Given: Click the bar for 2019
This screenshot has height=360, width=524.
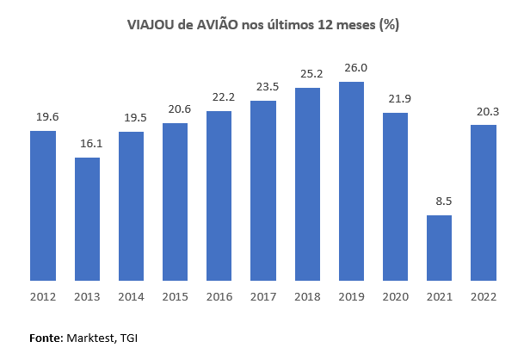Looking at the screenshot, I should (x=351, y=181).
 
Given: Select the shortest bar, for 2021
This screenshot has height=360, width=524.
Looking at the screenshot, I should (x=439, y=248).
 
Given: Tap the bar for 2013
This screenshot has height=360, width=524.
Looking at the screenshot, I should (x=87, y=219).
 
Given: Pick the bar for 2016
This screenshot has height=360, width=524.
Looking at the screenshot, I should (x=219, y=196).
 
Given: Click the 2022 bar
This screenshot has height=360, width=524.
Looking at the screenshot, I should (x=484, y=202).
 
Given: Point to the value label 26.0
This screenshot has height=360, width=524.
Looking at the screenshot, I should (x=351, y=67).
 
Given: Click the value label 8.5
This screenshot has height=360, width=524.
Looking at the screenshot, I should (x=440, y=201).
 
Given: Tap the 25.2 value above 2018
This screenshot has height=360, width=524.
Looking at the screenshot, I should (x=307, y=72).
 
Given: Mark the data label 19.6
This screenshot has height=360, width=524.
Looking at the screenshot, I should (x=43, y=116).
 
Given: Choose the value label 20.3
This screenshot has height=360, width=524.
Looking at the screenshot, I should (x=484, y=110).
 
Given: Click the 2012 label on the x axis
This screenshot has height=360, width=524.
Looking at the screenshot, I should (x=43, y=297).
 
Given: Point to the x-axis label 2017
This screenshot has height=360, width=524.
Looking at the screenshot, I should (x=262, y=297).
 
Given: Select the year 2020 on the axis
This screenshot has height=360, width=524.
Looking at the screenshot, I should (x=395, y=297).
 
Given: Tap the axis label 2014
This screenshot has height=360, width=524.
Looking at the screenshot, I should (x=131, y=297).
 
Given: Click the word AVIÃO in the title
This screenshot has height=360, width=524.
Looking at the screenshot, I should (x=220, y=26).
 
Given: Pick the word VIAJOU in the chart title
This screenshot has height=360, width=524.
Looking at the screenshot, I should (x=151, y=26).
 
